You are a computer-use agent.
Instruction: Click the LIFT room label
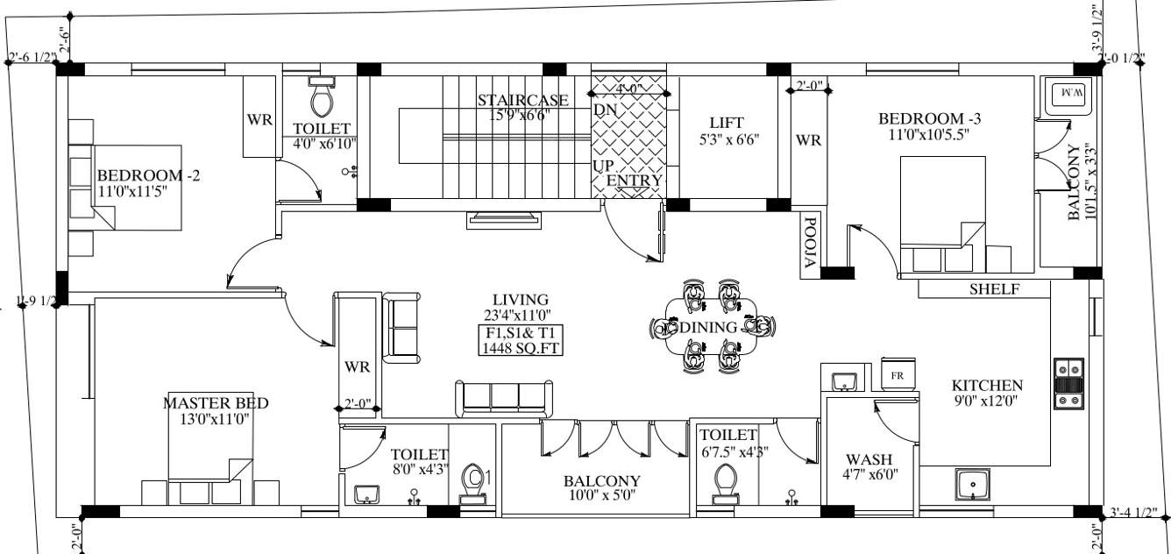point(726,123)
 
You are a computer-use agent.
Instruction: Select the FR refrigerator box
point(897,374)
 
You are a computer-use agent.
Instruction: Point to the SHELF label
point(995,289)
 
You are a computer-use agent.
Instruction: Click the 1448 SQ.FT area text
point(521,348)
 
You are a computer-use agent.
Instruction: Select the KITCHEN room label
point(987,386)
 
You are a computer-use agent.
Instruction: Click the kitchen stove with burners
point(1068,383)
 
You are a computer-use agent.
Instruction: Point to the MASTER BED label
point(216,403)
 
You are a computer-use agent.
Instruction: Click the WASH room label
point(869,459)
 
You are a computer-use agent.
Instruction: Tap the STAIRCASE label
point(522,100)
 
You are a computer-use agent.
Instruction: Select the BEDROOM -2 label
point(148,175)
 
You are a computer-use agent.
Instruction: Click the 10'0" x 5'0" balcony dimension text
point(601,495)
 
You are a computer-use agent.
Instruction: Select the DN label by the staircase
point(605,110)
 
